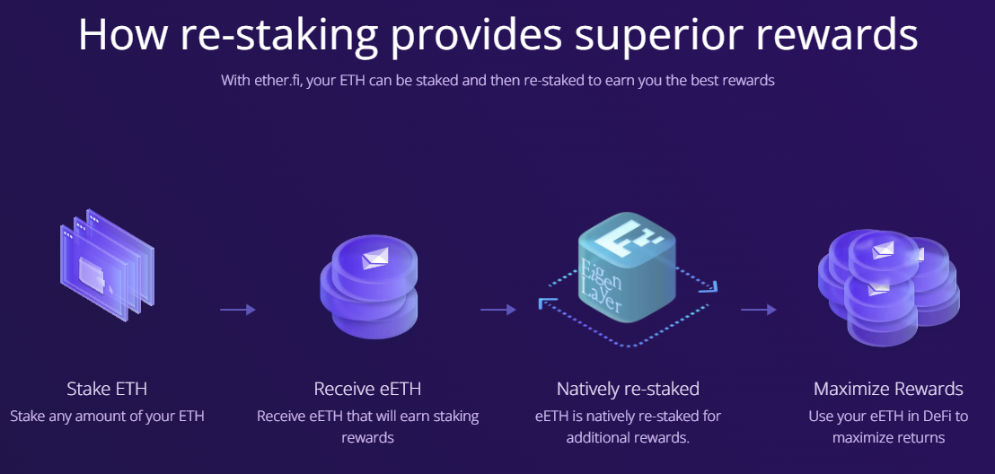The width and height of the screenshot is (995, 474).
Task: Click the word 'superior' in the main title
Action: tap(619, 35)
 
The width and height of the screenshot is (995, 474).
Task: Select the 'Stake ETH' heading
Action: tap(107, 389)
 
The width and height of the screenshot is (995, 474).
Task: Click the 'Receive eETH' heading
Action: tap(367, 389)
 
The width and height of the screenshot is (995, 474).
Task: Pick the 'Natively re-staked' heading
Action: tap(628, 389)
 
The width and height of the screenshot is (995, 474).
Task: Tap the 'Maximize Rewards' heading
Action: tap(888, 389)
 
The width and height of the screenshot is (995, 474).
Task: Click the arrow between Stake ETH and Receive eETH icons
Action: tap(238, 310)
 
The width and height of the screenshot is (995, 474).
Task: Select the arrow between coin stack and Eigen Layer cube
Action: tap(498, 310)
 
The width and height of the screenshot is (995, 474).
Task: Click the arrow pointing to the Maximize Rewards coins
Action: tap(759, 310)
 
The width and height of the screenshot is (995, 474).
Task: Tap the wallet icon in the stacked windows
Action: tap(93, 269)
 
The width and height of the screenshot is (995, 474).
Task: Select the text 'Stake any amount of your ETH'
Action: tap(107, 417)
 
